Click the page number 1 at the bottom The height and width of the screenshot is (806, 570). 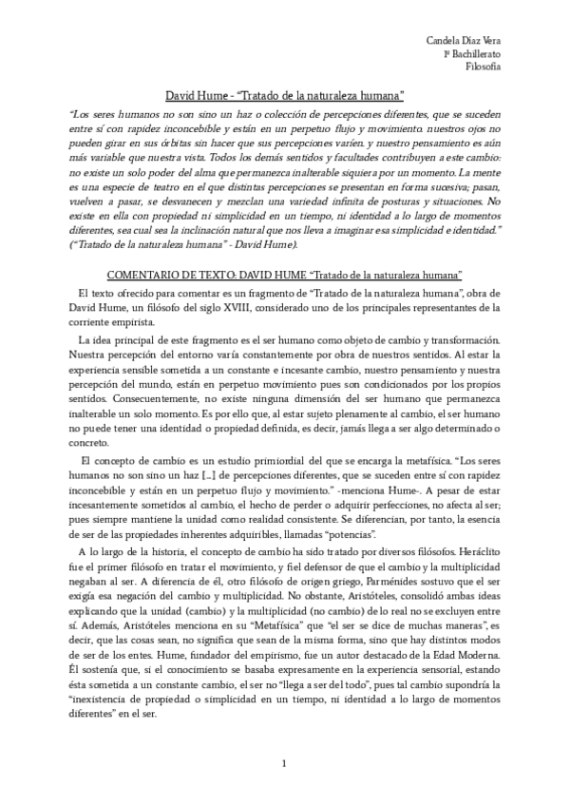coord(285,763)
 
